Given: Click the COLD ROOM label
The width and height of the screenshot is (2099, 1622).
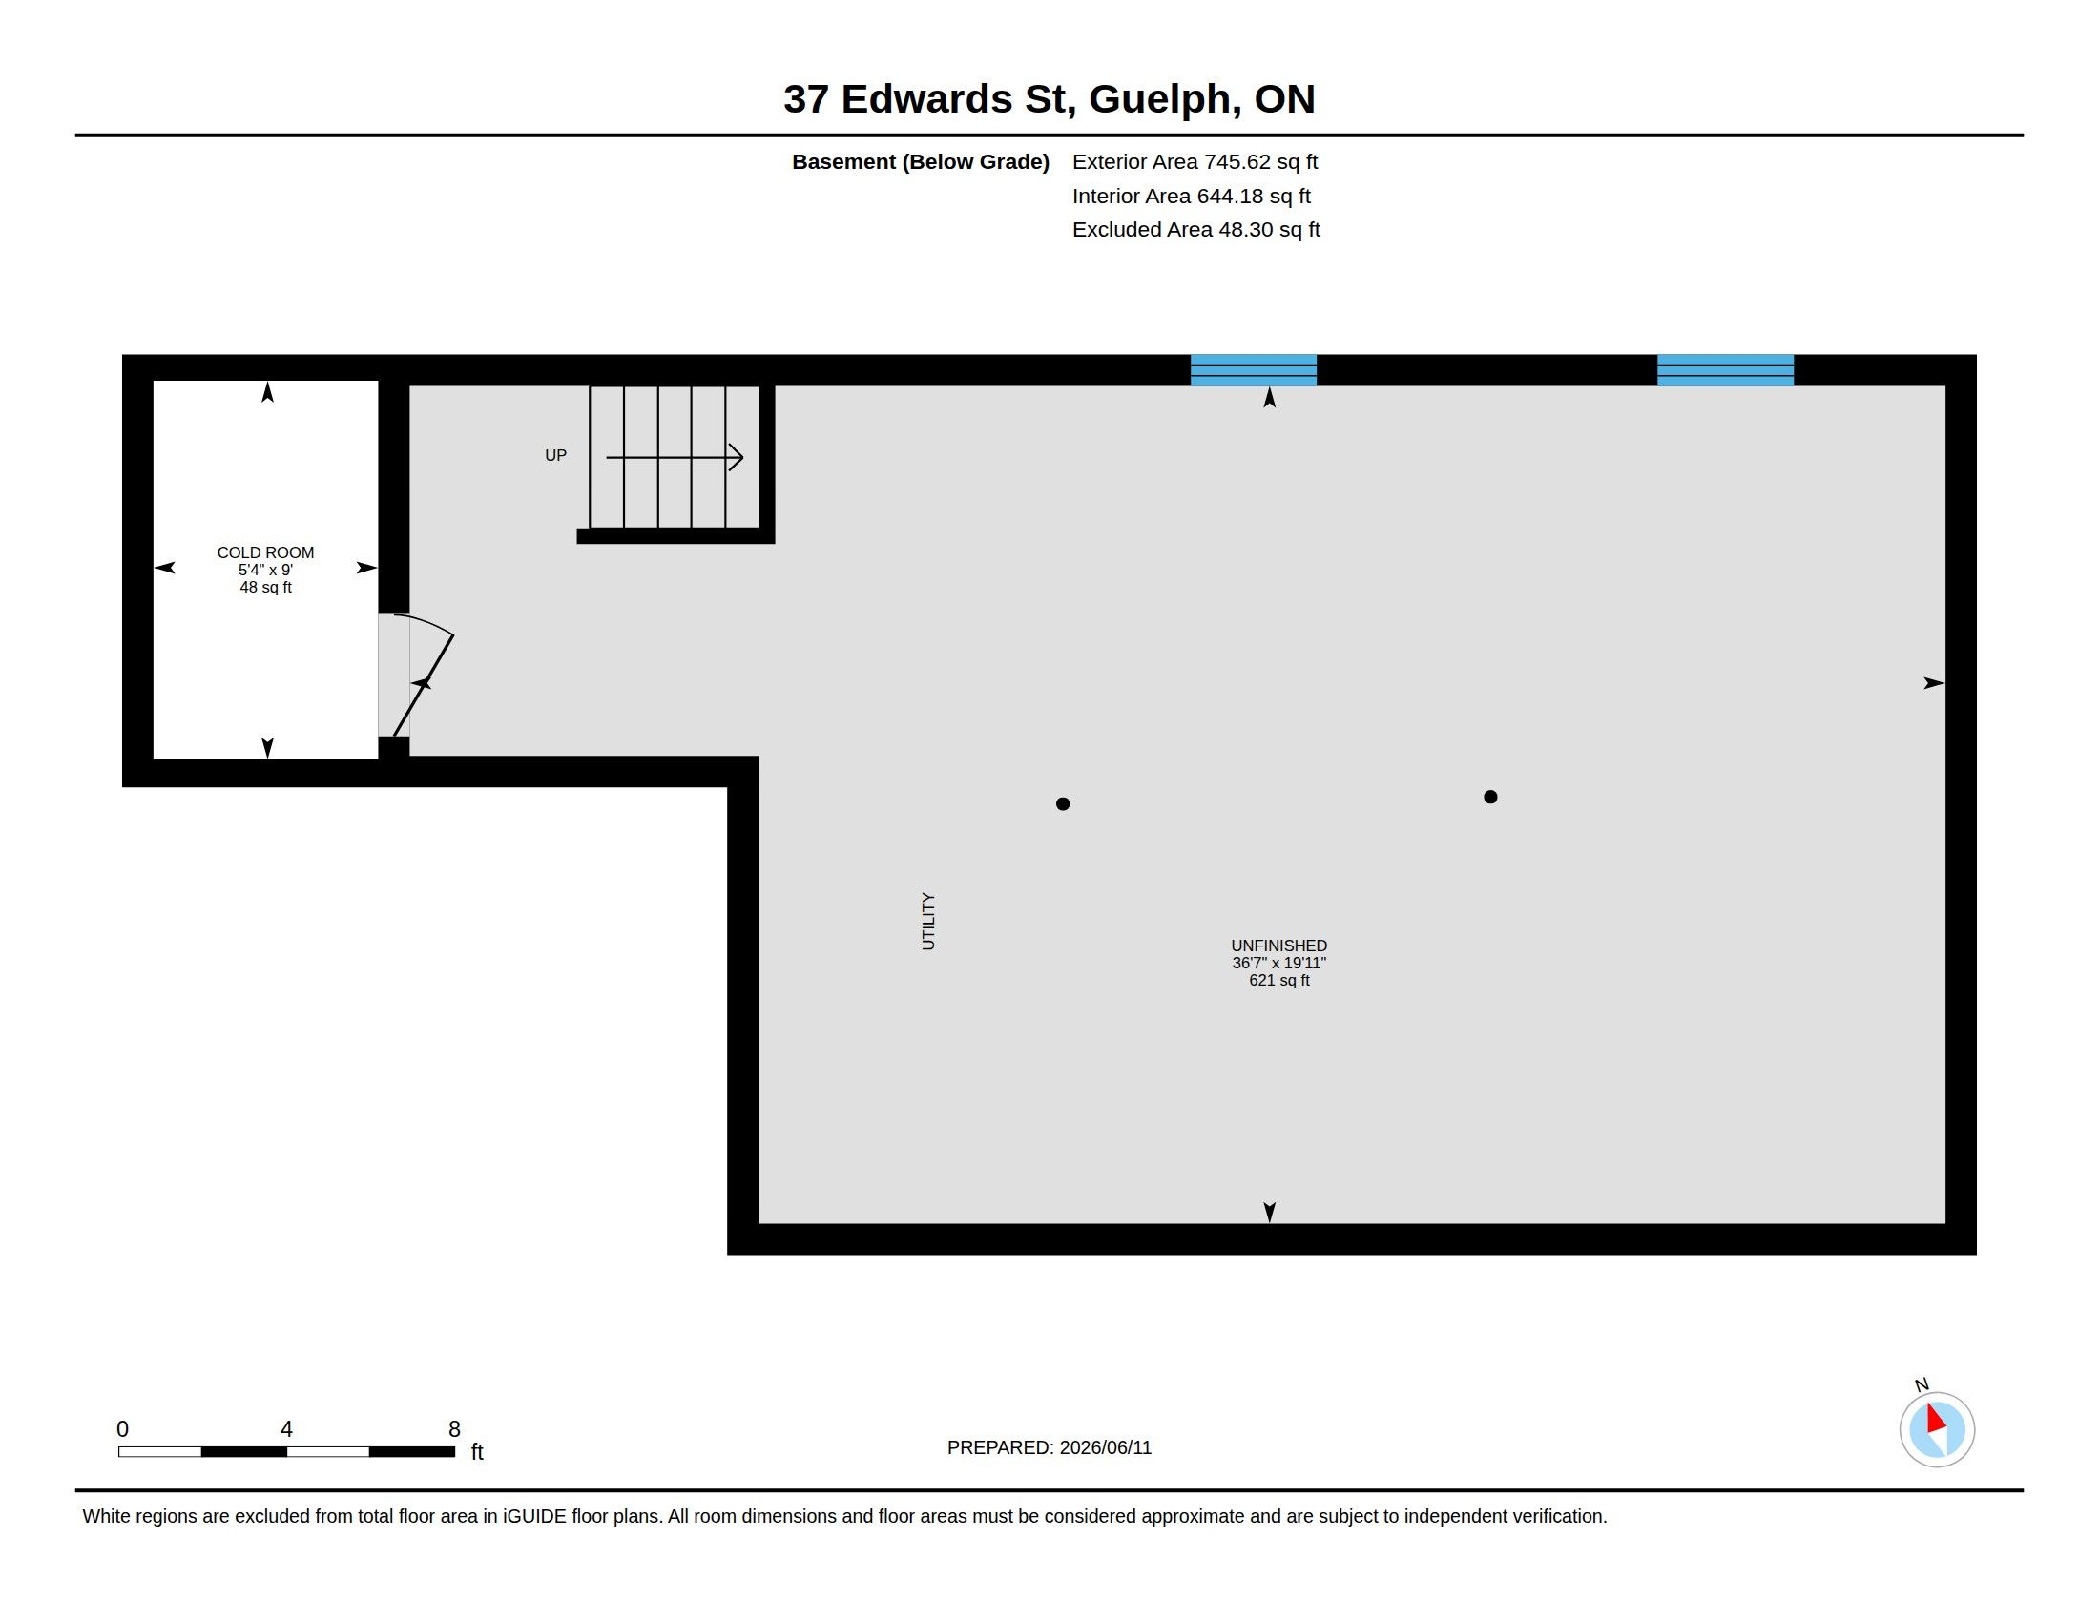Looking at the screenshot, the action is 265,552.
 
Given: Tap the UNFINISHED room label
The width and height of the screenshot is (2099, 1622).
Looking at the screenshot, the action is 1278,946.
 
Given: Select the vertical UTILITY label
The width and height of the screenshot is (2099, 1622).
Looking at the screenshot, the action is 928,921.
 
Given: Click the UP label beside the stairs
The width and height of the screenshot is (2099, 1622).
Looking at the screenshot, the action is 555,455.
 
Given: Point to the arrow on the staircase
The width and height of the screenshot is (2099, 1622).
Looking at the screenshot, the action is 675,457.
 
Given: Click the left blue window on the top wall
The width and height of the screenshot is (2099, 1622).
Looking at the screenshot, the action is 1254,370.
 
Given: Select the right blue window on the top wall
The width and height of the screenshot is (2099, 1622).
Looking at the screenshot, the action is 1725,370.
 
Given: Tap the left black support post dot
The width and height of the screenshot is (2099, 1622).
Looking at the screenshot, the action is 1062,804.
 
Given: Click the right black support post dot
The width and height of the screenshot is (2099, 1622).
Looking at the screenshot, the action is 1489,797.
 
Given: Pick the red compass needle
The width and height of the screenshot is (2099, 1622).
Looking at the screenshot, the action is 1936,1417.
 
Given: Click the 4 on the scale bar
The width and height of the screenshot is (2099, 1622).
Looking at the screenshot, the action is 286,1429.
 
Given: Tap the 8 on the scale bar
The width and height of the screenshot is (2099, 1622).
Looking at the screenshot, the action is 454,1429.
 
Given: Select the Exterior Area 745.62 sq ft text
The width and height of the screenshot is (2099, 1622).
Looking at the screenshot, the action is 1195,161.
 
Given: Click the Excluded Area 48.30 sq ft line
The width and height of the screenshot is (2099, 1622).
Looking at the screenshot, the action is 1195,230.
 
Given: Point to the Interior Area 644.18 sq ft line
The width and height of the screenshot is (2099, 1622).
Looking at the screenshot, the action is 1191,196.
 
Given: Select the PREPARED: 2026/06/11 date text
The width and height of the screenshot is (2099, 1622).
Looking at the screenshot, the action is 1049,1447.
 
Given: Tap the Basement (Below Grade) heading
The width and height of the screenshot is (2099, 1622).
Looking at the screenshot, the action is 920,162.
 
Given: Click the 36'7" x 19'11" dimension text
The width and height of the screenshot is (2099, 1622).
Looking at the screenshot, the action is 1278,963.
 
